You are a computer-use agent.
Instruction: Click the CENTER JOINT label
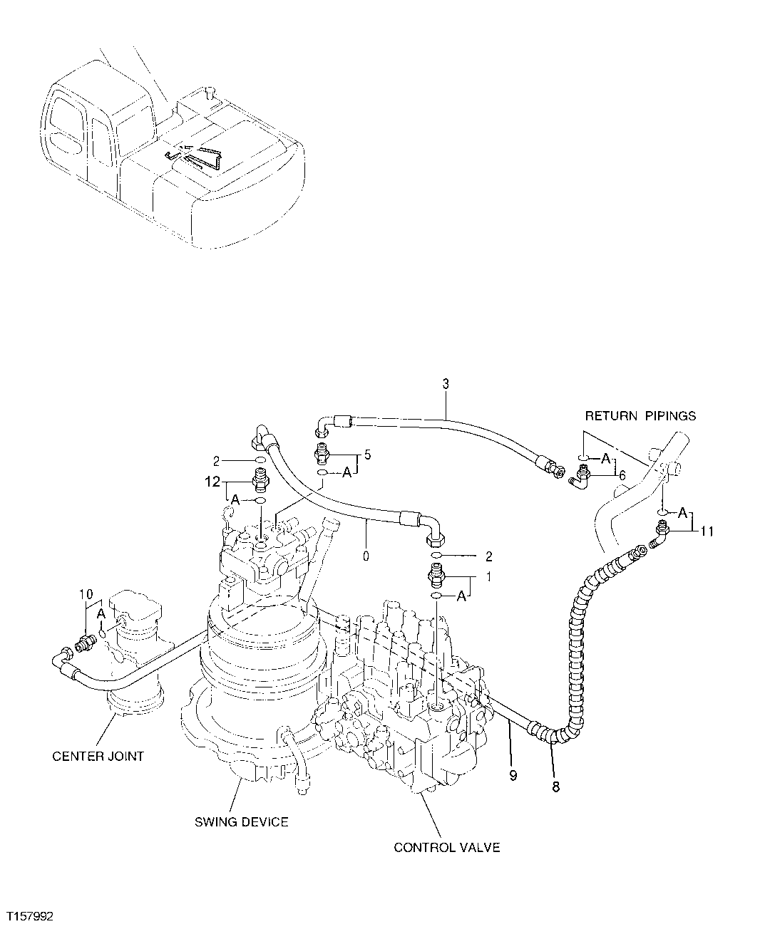pos(98,756)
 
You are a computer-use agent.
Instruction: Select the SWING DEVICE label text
pos(242,821)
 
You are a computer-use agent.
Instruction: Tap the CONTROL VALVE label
pos(447,847)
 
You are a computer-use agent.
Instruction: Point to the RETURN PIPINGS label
pos(640,415)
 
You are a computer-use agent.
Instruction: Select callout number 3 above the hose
pos(446,384)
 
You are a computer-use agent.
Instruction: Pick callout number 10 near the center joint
pos(86,593)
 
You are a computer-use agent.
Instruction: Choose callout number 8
pos(556,787)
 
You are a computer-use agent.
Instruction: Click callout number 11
pos(707,530)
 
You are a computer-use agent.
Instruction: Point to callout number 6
pos(622,474)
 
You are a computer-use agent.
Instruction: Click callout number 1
pos(488,578)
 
